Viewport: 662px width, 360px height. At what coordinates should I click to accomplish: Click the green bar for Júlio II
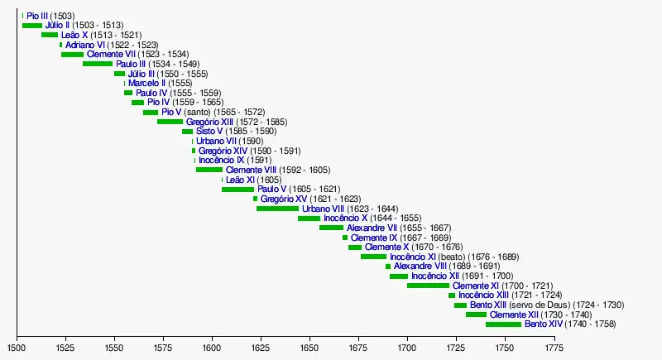31,26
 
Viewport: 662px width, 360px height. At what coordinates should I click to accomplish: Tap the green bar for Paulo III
98,64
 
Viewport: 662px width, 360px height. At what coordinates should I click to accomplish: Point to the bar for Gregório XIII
170,122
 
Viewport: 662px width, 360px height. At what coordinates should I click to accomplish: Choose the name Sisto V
209,132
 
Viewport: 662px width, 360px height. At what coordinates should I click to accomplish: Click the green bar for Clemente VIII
209,170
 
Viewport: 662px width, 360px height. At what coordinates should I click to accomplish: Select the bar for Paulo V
237,190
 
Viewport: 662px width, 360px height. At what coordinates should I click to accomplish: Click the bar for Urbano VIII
277,209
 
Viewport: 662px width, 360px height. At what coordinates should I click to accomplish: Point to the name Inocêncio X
345,218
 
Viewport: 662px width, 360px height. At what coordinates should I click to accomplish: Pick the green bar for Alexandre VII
331,228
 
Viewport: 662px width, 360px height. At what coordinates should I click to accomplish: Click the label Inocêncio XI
413,257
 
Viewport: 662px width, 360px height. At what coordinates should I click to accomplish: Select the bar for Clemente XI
428,286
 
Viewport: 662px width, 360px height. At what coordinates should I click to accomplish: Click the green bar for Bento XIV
503,324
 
